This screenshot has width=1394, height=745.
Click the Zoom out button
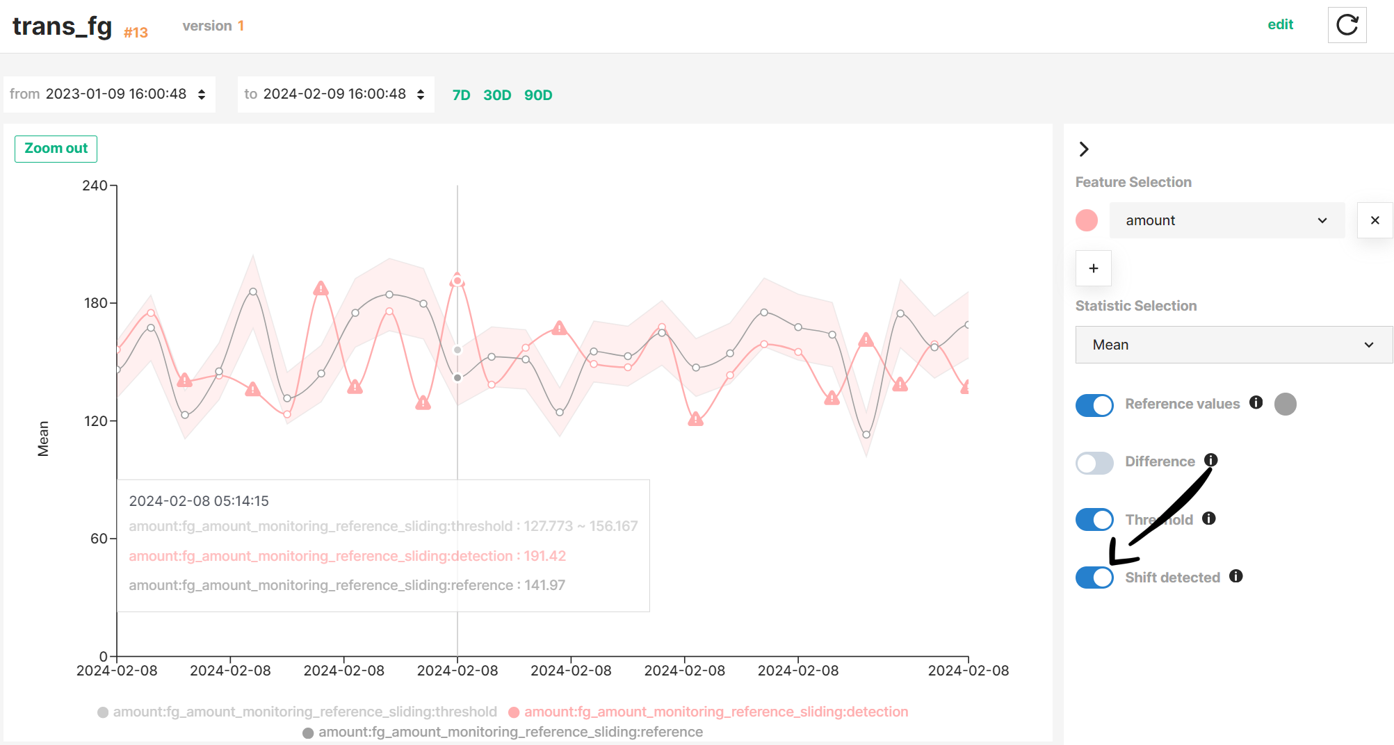(56, 149)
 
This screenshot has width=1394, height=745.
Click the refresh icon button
(1347, 25)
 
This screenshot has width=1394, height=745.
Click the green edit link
(1280, 25)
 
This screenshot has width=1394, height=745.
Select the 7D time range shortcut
(461, 95)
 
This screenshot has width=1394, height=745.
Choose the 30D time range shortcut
(497, 95)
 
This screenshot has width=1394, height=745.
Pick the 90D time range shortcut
(538, 95)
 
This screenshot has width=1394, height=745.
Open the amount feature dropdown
(1226, 220)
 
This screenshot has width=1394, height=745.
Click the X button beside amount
(1375, 220)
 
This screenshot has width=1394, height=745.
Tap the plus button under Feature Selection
(1093, 268)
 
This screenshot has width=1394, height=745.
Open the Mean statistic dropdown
(1233, 345)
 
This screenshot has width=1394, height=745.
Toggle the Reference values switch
(1094, 404)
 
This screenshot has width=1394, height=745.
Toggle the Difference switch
(1094, 462)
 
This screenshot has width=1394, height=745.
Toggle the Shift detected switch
(1094, 578)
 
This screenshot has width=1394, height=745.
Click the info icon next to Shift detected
(1235, 576)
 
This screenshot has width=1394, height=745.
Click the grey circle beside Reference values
(1285, 404)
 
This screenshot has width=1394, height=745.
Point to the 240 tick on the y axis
(95, 186)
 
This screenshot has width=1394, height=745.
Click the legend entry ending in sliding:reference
(510, 732)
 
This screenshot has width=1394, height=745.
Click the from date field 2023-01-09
(108, 95)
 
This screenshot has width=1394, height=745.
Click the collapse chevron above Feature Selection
(1083, 149)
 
